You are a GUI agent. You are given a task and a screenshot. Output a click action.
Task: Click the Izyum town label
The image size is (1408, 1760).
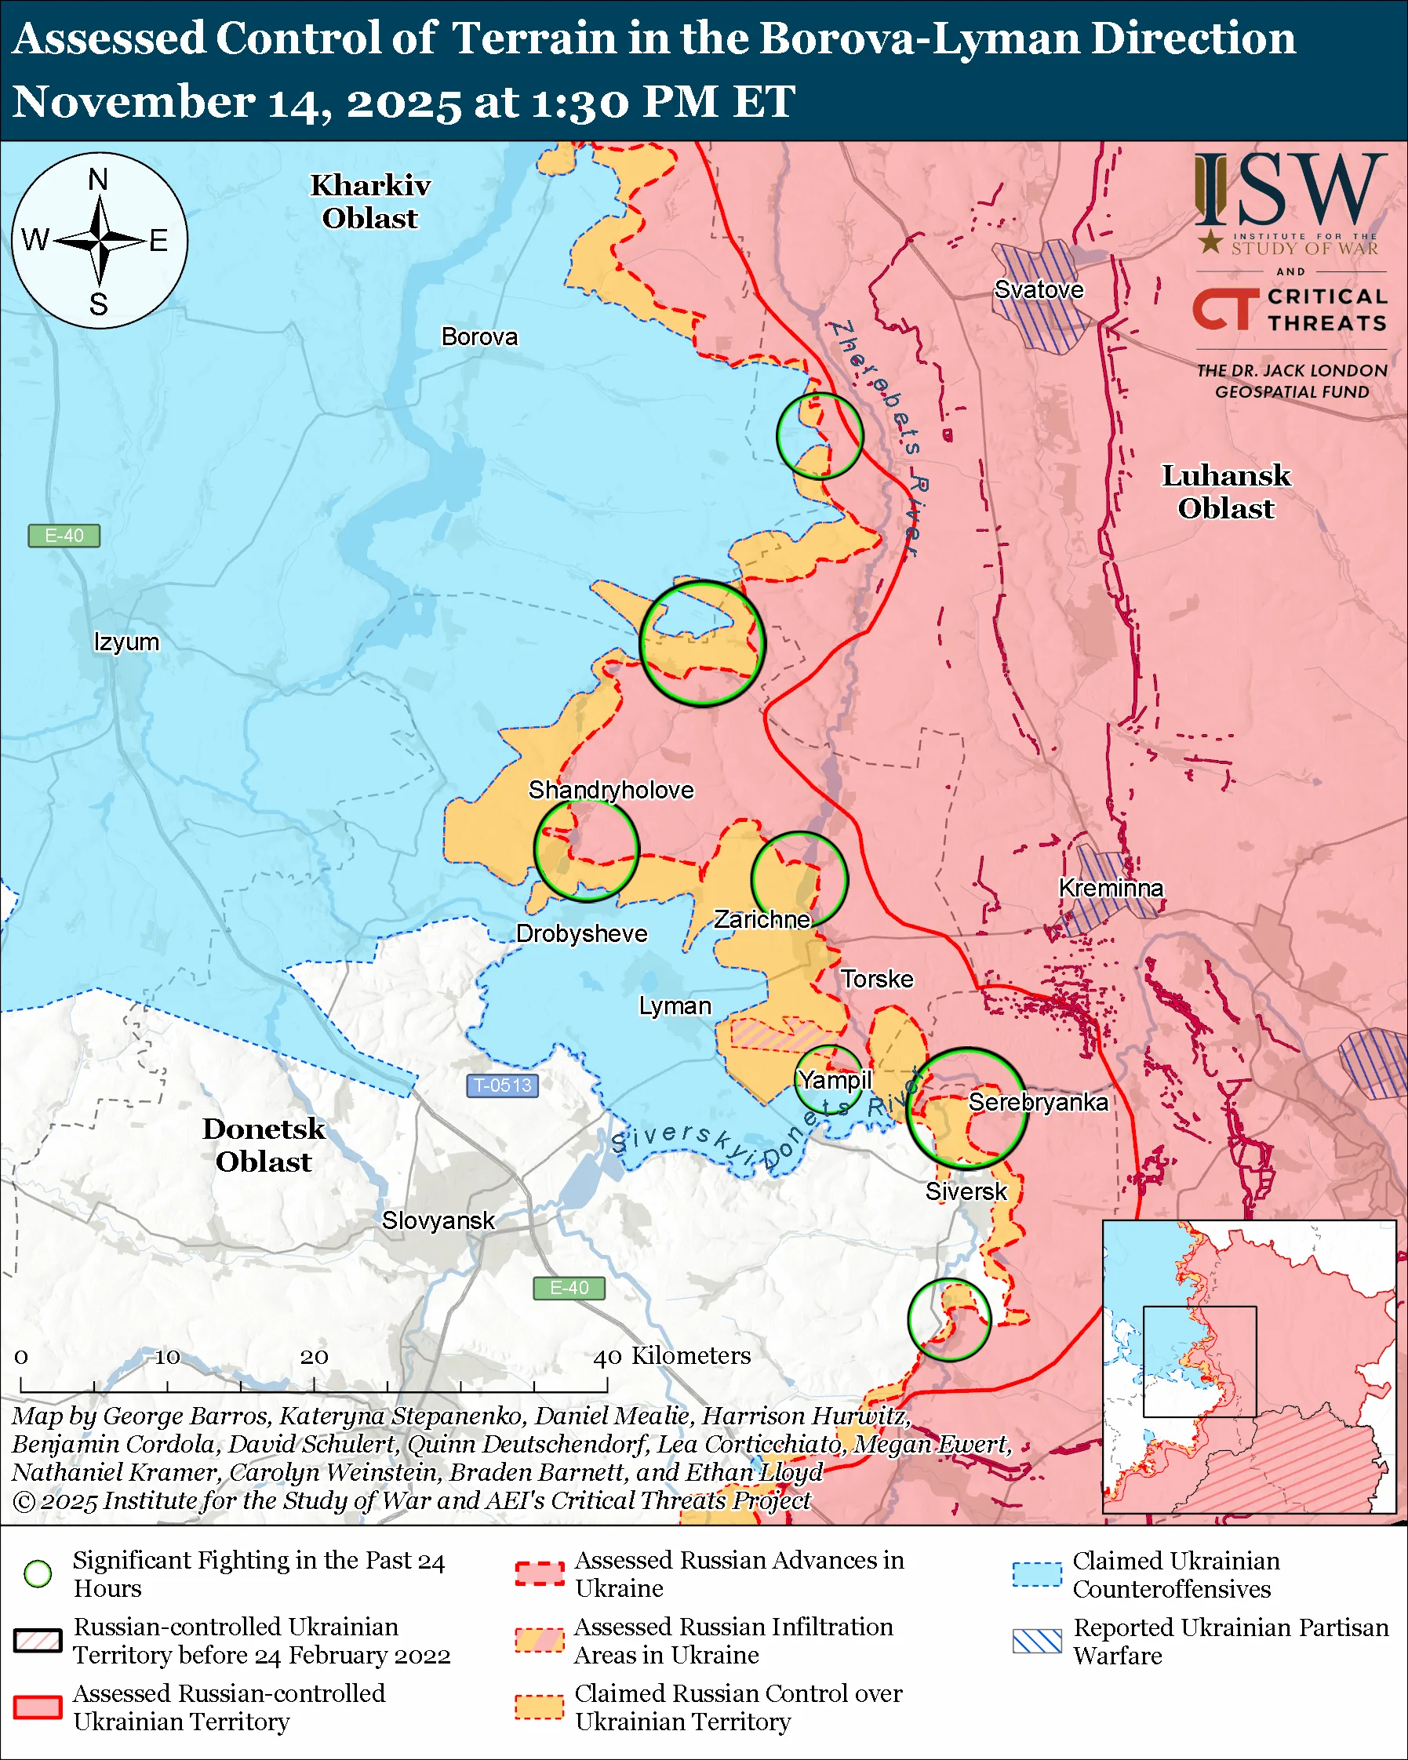click(126, 642)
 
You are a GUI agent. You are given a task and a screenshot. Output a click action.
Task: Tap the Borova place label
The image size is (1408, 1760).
click(479, 336)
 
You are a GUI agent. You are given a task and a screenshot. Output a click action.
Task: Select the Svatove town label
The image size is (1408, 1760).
click(1039, 289)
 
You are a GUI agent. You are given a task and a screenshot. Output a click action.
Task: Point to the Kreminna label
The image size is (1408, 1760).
click(1110, 887)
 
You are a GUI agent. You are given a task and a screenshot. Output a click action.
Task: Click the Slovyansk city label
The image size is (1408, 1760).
click(438, 1220)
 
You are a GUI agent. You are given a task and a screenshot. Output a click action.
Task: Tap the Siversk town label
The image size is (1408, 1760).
click(966, 1191)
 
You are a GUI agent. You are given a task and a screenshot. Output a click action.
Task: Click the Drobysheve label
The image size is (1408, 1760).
click(581, 933)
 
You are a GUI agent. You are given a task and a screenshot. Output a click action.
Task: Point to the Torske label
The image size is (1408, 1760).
click(877, 979)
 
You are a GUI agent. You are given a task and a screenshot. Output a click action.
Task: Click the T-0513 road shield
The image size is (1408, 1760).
click(502, 1085)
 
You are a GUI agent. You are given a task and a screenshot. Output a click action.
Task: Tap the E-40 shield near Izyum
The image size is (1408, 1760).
click(64, 536)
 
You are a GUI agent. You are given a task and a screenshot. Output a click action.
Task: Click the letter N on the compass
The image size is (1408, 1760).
click(98, 179)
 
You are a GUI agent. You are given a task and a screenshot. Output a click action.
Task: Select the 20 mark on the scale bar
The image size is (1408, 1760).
click(315, 1358)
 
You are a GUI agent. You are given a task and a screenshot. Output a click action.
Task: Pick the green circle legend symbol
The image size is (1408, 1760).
click(38, 1574)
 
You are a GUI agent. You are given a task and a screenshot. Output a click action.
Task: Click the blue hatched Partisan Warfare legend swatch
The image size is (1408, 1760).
click(1037, 1641)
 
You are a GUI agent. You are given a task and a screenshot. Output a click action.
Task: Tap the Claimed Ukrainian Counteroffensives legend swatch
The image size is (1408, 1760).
click(1037, 1574)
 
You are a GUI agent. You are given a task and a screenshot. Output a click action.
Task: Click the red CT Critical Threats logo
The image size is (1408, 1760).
click(1224, 309)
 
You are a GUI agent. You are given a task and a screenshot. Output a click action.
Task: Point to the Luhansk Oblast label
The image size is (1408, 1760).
click(1225, 492)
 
